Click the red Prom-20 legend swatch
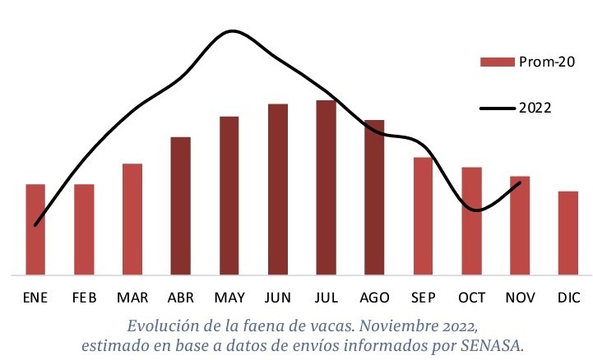click(496, 62)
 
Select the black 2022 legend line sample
click(496, 108)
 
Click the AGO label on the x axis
click(374, 297)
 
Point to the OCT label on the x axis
click(471, 297)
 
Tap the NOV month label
click(520, 297)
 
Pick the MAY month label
click(229, 297)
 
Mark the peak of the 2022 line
click(232, 31)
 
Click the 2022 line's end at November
click(520, 182)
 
